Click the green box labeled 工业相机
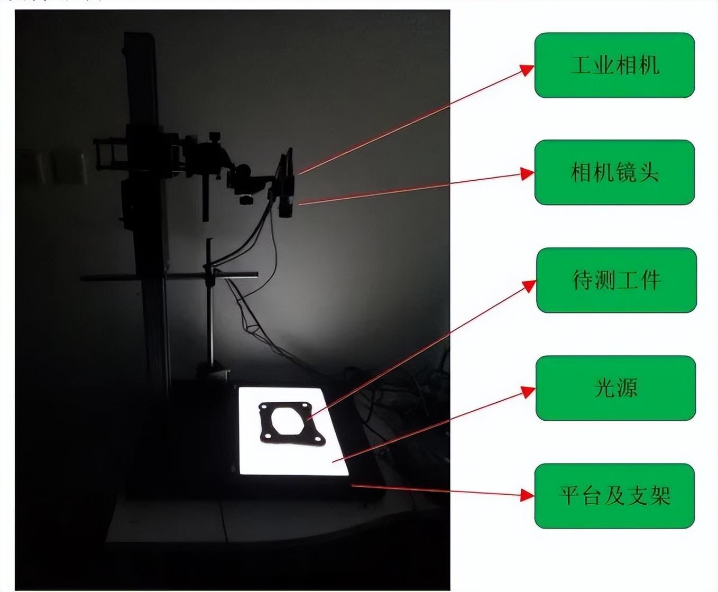tap(614, 65)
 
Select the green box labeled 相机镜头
tap(614, 172)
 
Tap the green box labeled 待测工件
tap(616, 280)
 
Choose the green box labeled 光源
tap(616, 388)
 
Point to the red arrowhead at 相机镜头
tap(528, 173)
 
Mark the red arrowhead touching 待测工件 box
tap(530, 285)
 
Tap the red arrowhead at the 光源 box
tap(529, 392)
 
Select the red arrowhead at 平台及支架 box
tap(528, 495)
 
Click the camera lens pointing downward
tap(286, 206)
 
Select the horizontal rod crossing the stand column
tap(169, 276)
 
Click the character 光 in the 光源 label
tap(604, 388)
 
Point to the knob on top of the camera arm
tap(215, 136)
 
